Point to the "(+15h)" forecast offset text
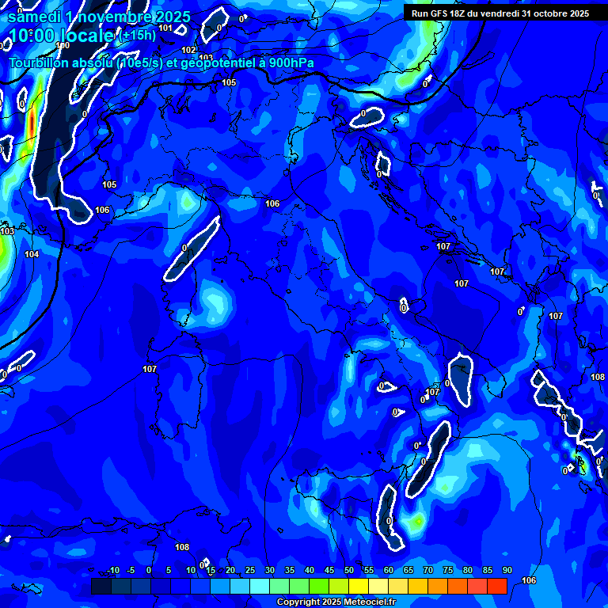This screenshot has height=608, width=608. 137,36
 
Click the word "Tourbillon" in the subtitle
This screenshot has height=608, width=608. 42,63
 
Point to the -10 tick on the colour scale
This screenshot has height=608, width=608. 112,571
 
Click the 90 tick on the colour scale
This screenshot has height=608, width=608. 507,571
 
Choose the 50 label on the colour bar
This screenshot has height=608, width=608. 349,571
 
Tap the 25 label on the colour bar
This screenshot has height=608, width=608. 250,571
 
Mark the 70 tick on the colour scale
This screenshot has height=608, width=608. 428,571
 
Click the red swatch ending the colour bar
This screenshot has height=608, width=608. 496,586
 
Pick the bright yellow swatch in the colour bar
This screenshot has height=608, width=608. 358,586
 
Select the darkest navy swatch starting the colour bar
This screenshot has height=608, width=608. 101,586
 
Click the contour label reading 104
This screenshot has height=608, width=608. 32,254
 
